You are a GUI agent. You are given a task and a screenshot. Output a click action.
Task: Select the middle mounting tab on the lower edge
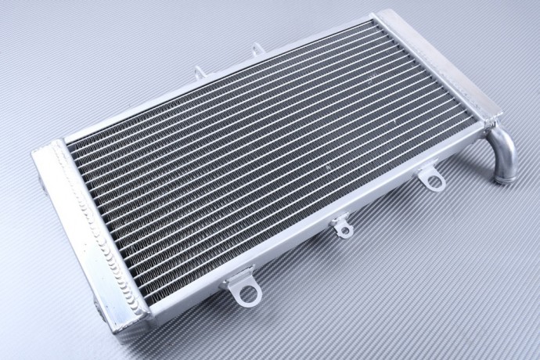click(x=342, y=226)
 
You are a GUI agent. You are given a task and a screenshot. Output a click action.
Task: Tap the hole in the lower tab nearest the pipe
click(x=434, y=182)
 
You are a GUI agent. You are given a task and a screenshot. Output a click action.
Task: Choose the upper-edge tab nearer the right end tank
click(x=257, y=50)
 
